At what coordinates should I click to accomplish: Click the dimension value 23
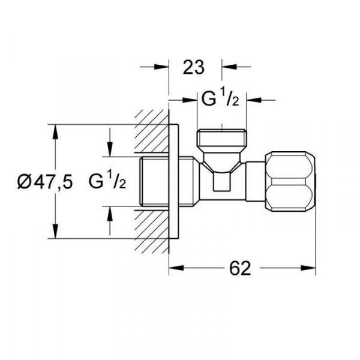(193, 67)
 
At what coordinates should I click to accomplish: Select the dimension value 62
(240, 268)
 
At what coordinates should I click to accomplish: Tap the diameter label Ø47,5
(45, 181)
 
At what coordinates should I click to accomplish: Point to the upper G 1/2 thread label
(220, 99)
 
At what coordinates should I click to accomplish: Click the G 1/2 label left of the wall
(107, 181)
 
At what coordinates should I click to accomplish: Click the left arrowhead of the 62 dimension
(176, 268)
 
